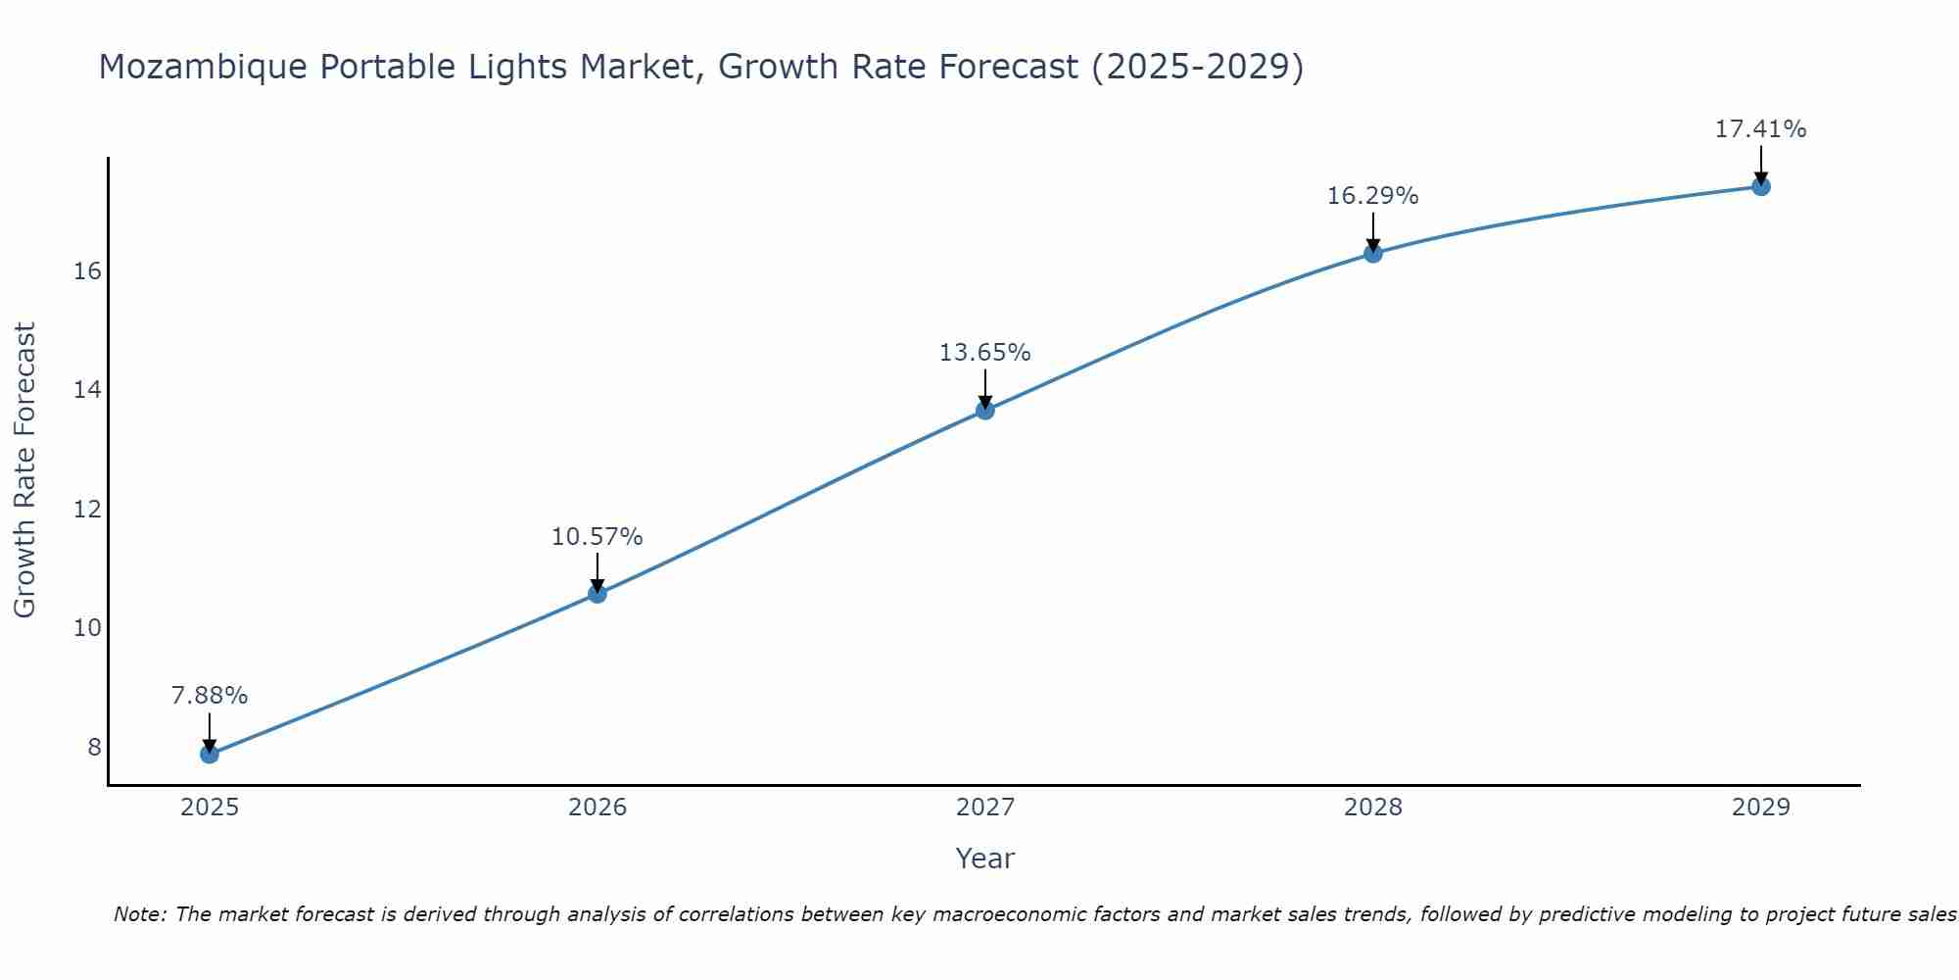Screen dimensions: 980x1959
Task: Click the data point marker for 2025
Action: [210, 754]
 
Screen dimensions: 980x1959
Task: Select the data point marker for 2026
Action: [597, 593]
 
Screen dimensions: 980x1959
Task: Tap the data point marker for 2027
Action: [985, 410]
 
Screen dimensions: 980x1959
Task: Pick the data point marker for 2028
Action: [1373, 253]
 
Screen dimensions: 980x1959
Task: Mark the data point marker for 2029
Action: [1761, 186]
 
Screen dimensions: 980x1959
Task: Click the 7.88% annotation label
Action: [210, 696]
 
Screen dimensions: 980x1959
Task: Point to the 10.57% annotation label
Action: [597, 537]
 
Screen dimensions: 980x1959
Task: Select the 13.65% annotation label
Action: [985, 353]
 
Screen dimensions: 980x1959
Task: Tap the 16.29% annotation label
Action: [1373, 196]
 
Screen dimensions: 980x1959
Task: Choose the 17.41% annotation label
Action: [1761, 129]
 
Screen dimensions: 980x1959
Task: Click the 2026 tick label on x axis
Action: [597, 808]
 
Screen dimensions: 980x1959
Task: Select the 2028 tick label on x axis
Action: [1373, 808]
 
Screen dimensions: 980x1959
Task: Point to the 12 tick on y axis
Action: [88, 510]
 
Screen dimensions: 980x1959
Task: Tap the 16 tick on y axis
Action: [88, 271]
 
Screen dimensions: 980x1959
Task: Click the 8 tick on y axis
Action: [94, 748]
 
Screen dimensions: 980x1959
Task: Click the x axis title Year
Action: [985, 858]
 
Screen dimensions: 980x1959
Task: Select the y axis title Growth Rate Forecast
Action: [25, 470]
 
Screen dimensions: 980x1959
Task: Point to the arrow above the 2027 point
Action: [985, 387]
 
